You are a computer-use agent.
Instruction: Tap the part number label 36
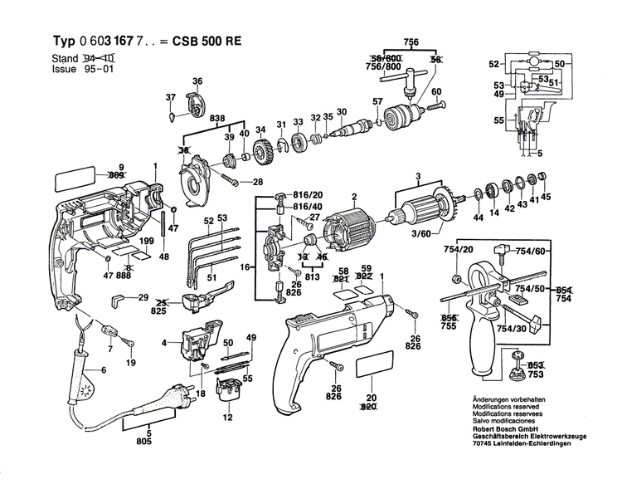point(197,81)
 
